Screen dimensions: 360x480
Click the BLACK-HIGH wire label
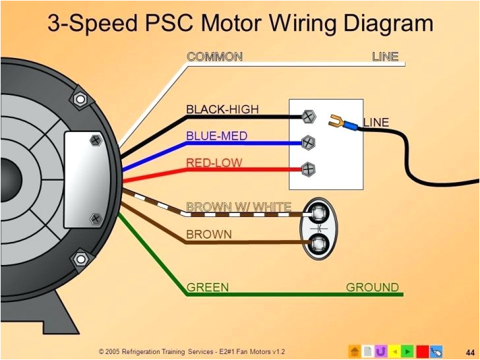click(x=222, y=109)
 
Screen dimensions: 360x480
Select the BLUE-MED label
click(x=216, y=136)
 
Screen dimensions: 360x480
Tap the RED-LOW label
click(x=214, y=163)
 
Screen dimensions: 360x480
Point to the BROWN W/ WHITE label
click(x=238, y=207)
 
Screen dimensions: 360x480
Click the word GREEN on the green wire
click(x=208, y=287)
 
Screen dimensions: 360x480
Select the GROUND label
click(x=373, y=287)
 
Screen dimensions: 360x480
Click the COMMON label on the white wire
click(x=214, y=57)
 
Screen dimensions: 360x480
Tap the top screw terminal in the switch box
click(x=308, y=117)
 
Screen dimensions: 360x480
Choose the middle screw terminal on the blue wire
click(x=308, y=142)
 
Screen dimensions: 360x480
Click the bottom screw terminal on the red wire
click(x=308, y=169)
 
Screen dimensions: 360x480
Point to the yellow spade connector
click(x=336, y=120)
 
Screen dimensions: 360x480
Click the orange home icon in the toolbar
click(x=355, y=351)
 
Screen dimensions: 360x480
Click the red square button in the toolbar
click(x=422, y=351)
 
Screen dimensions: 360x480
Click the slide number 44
click(x=469, y=349)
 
